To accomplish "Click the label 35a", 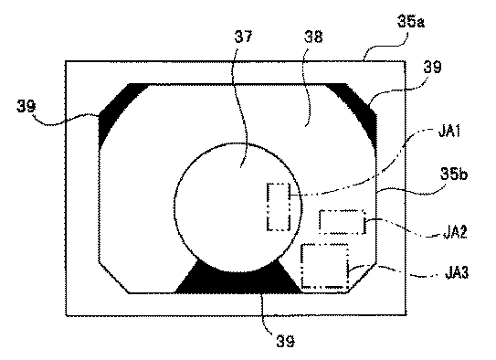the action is (410, 22).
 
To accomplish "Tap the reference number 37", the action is (243, 37).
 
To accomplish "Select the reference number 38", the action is (313, 37).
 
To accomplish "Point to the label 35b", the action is (453, 174).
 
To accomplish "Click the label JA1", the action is (449, 131).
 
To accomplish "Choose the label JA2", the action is (455, 232).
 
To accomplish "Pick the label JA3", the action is (457, 272).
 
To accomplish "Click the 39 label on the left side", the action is (26, 106).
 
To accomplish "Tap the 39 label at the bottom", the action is (285, 342).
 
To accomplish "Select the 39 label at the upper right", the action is (432, 67).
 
